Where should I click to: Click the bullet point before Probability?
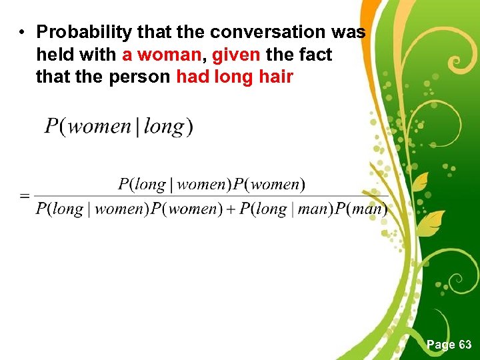[x=22, y=33]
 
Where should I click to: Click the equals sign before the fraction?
[x=25, y=196]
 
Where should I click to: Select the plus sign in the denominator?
[x=229, y=209]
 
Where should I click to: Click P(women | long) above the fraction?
[x=119, y=126]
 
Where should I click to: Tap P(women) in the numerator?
[x=269, y=184]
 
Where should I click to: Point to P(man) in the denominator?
[x=361, y=209]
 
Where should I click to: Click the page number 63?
[x=465, y=345]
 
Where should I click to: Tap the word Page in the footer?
[x=440, y=345]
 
